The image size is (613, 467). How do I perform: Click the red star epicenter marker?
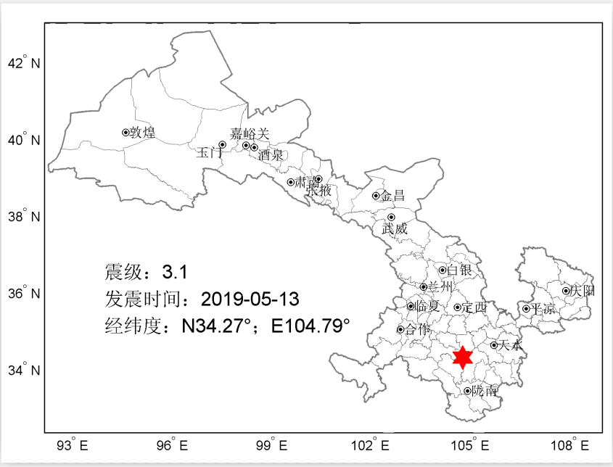[463, 357]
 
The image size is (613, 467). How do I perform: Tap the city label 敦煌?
[142, 133]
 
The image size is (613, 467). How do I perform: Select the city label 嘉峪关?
[250, 134]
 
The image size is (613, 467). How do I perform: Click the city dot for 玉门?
[223, 144]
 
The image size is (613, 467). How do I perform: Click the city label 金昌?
[393, 196]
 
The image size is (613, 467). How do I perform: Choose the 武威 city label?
[395, 228]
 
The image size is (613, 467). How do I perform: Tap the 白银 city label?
[459, 270]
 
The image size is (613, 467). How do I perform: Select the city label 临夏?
[427, 307]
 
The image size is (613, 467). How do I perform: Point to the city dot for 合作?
[400, 329]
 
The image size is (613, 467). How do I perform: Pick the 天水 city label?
[511, 346]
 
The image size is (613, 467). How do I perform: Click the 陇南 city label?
[484, 391]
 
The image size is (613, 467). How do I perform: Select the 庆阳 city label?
[583, 291]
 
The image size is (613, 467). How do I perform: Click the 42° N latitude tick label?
[24, 63]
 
